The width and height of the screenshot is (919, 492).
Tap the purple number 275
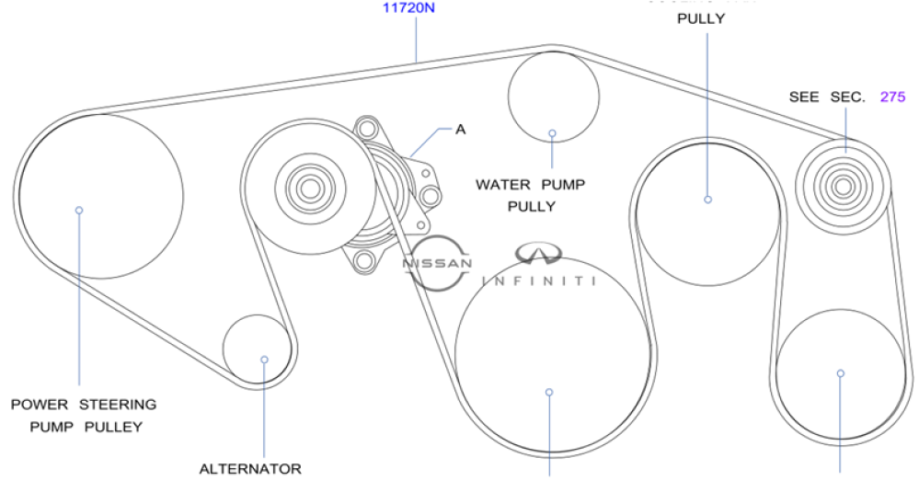tap(892, 96)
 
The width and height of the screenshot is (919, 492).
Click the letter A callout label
tap(460, 129)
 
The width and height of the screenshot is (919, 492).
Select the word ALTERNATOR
tap(250, 469)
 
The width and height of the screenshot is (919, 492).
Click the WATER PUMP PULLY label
tap(531, 195)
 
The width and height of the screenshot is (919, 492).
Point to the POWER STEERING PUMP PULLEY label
tap(84, 415)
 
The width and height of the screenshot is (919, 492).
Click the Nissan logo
tap(438, 263)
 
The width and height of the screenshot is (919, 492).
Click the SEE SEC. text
tap(827, 97)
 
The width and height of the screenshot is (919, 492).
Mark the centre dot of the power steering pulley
tap(79, 211)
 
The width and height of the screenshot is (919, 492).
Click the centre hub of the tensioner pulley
tap(307, 189)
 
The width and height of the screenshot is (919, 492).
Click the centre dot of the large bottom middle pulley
tap(549, 392)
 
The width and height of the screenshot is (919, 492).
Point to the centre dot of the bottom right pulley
tap(840, 373)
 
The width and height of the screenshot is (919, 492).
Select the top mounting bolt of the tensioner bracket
tap(367, 127)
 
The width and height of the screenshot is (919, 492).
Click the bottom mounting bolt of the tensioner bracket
tap(365, 261)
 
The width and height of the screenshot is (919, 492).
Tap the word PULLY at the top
tap(701, 17)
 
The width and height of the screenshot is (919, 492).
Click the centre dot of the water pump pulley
tap(553, 132)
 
